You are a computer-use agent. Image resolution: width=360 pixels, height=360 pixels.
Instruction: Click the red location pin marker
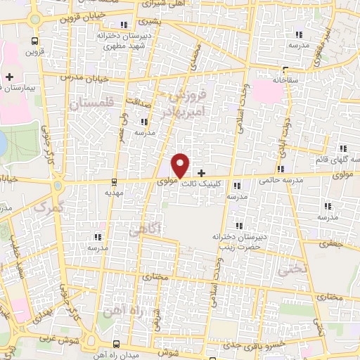point(181,165)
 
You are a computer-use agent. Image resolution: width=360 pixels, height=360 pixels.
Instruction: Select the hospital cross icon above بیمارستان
point(9,76)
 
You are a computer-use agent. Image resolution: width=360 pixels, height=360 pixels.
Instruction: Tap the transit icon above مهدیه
point(114,181)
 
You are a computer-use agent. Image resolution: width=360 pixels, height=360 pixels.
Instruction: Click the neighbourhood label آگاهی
point(146,228)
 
